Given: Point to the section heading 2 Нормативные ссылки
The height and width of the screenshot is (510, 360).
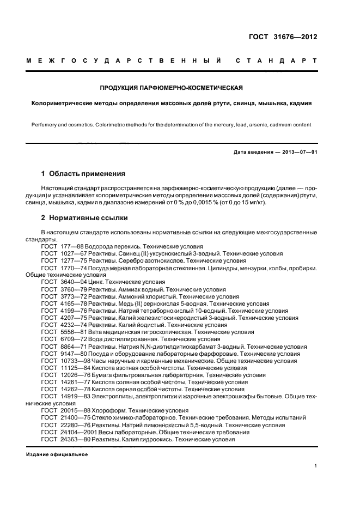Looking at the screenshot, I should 84,218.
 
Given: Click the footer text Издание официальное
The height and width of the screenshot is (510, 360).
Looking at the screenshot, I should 57,454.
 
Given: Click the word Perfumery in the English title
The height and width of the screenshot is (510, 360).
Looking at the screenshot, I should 44,125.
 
